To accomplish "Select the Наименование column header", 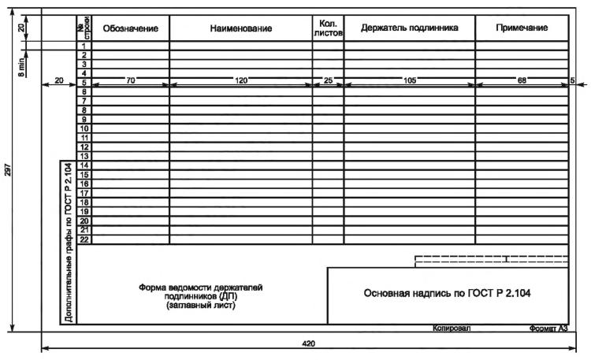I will pyautogui.click(x=241, y=28).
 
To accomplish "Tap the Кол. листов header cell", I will pyautogui.click(x=329, y=28).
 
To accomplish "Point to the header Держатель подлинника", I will pyautogui.click(x=409, y=28).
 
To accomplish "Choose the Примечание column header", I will pyautogui.click(x=522, y=28).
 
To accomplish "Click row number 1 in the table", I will pyautogui.click(x=84, y=46).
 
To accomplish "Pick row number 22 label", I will pyautogui.click(x=84, y=239).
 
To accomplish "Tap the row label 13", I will pyautogui.click(x=84, y=156).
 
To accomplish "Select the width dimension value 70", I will pyautogui.click(x=131, y=80).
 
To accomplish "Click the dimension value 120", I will pyautogui.click(x=241, y=80).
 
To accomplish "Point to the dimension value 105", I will pyautogui.click(x=409, y=80).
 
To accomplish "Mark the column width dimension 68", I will pyautogui.click(x=522, y=80).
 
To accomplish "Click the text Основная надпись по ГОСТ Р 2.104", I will pyautogui.click(x=448, y=294).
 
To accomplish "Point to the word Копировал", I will pyautogui.click(x=452, y=328).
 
